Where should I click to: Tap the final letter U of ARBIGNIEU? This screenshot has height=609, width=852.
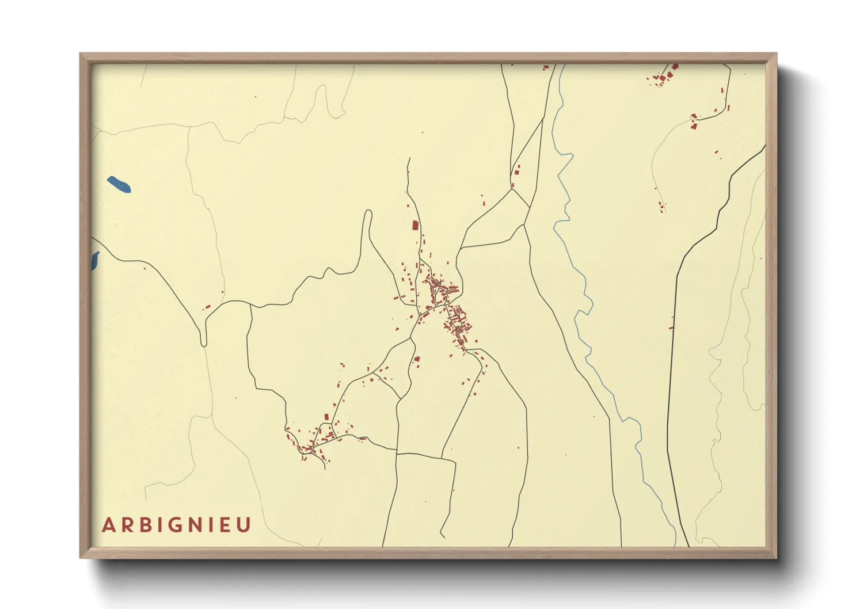(x=245, y=525)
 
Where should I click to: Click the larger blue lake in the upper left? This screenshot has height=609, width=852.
(x=119, y=184)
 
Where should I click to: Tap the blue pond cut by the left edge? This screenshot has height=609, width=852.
(x=94, y=261)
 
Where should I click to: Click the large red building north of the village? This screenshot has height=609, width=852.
(x=415, y=225)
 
